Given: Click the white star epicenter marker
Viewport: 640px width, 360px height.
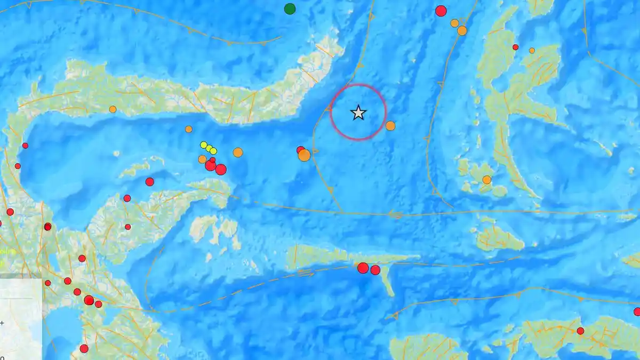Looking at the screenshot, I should click(x=358, y=113).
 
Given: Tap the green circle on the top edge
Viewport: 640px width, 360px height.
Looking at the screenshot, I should click(x=290, y=9).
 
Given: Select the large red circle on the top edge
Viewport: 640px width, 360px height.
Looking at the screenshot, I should click(x=441, y=11).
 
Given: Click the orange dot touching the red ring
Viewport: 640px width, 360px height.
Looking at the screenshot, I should click(x=390, y=126).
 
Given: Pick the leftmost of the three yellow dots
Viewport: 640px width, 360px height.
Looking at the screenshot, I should click(x=204, y=145).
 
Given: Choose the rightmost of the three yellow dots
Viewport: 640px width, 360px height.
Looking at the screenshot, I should click(x=213, y=151).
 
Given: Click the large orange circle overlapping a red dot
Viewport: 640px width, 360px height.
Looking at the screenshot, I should click(x=304, y=155).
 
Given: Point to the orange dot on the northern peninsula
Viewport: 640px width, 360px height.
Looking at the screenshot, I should click(x=113, y=109).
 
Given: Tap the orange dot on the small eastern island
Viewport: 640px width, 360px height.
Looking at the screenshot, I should click(x=486, y=180).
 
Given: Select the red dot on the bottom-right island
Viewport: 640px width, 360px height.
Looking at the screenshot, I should click(x=580, y=331).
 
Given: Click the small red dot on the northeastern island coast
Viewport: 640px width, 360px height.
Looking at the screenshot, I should click(x=515, y=47).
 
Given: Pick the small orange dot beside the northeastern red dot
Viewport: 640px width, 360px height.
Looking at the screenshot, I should click(x=532, y=51).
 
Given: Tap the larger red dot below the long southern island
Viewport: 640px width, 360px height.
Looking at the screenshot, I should click(x=363, y=268).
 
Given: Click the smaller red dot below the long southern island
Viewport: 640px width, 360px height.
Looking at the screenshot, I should click(x=375, y=270).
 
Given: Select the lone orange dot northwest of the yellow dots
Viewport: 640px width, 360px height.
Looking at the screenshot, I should click(x=189, y=129).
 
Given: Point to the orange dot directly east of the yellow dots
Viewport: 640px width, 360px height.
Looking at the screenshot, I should click(x=238, y=153).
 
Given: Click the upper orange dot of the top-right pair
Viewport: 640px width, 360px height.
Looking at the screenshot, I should click(x=454, y=23).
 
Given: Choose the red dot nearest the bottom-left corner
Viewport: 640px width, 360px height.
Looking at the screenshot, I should click(x=84, y=349).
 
